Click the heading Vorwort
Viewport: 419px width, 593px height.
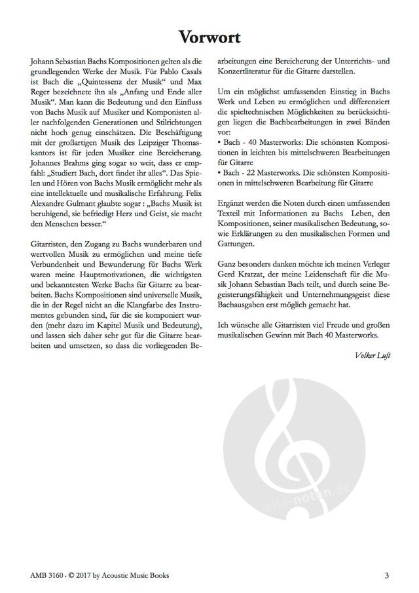tap(209, 37)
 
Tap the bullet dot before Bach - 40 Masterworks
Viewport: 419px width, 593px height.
tap(219, 142)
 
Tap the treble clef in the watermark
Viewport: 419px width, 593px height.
tap(282, 459)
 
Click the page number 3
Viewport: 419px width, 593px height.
tap(388, 576)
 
